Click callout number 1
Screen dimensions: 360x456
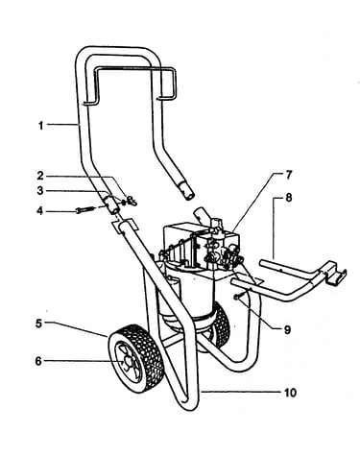click(40, 126)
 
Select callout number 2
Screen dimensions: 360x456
click(40, 176)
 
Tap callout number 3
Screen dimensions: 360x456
click(40, 191)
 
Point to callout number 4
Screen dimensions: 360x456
click(39, 211)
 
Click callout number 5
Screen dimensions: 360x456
click(38, 324)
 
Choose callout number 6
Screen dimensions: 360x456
click(38, 361)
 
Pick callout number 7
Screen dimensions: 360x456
click(288, 175)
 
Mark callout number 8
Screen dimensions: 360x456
click(289, 198)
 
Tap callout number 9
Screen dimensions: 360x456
click(287, 329)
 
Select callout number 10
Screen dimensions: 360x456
click(290, 393)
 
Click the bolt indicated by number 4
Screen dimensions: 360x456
click(85, 209)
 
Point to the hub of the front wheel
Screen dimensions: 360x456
click(126, 361)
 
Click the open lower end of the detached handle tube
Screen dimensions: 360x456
click(189, 196)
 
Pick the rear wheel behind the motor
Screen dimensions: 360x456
click(220, 324)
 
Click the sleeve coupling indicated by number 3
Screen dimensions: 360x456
click(111, 204)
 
